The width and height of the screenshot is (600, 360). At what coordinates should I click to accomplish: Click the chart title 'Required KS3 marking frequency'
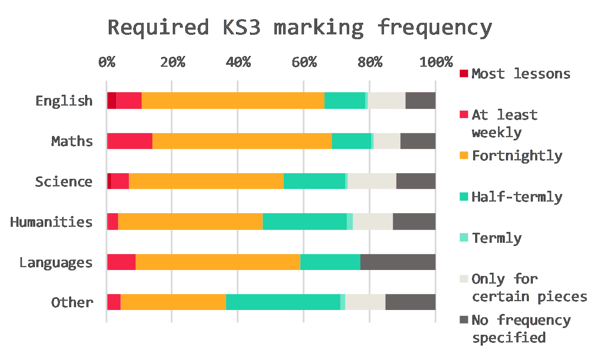[300, 28]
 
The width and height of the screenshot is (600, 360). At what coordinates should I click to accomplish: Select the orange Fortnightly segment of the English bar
[233, 100]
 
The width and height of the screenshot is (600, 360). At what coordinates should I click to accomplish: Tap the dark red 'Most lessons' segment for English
[112, 100]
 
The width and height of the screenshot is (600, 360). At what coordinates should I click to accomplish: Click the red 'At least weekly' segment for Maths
[130, 141]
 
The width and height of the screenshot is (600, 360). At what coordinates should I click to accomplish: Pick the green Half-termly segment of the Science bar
[314, 181]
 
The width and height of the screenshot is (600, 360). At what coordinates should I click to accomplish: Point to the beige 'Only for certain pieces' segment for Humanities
[372, 222]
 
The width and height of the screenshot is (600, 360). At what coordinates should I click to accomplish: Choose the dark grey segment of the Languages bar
[398, 262]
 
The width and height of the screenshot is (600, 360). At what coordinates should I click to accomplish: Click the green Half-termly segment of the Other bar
[283, 302]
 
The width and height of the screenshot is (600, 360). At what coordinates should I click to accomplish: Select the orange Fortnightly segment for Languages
[218, 262]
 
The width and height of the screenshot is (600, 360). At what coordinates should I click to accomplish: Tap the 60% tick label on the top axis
[304, 62]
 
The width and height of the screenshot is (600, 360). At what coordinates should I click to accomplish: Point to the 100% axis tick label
[436, 62]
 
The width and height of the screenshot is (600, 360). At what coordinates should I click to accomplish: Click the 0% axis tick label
[107, 62]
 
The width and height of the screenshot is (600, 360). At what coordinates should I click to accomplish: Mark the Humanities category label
[52, 222]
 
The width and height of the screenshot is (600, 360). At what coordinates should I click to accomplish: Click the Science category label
[64, 182]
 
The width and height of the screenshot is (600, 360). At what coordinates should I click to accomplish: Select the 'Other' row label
[72, 302]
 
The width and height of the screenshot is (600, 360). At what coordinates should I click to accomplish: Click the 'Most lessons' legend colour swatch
[464, 74]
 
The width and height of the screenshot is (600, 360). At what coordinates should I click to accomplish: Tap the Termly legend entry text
[497, 238]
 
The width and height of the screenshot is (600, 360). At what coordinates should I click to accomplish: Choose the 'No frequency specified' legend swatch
[464, 320]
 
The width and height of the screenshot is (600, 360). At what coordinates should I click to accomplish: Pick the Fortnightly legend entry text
[517, 156]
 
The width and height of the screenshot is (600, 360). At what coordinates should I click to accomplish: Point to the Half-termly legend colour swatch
[464, 196]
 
